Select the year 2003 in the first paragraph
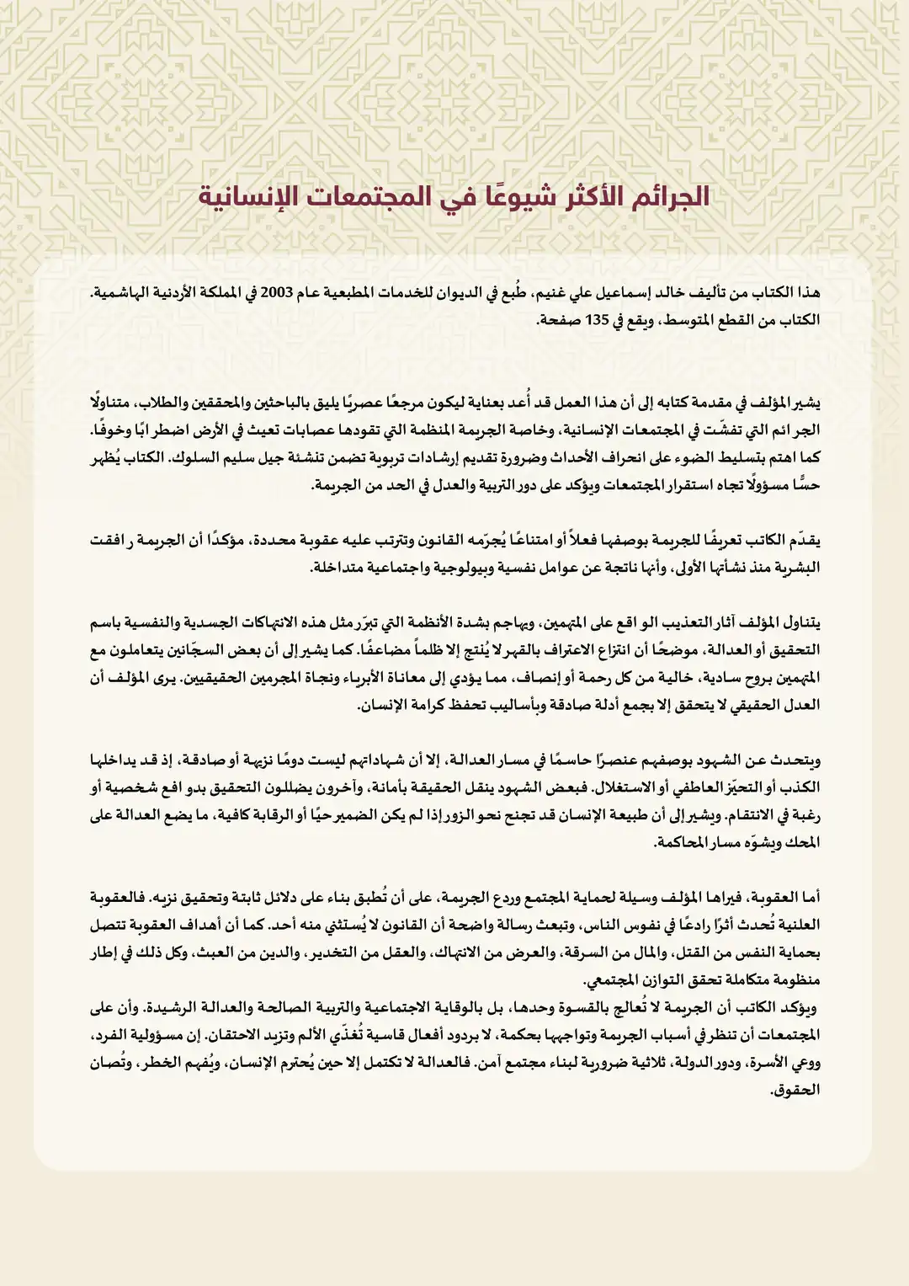[275, 293]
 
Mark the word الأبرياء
[337, 678]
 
